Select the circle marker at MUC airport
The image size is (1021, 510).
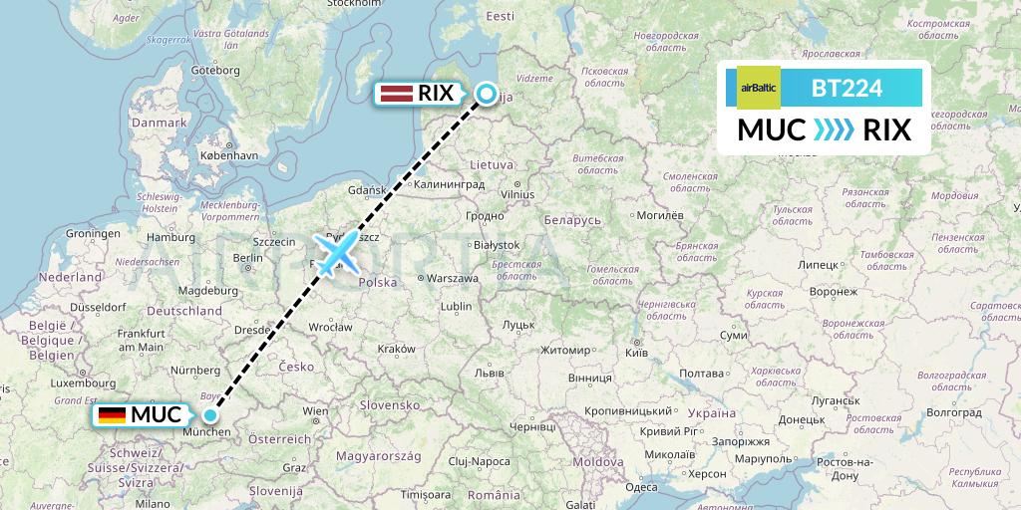[210, 414]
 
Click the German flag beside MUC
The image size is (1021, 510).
[112, 415]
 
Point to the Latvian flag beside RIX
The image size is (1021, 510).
[394, 95]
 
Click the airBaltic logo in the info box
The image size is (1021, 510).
[759, 88]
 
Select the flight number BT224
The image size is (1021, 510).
[848, 88]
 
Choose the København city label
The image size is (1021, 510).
[228, 155]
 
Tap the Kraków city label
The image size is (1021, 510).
[396, 349]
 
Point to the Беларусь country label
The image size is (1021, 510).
[571, 219]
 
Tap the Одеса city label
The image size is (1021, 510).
[642, 487]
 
